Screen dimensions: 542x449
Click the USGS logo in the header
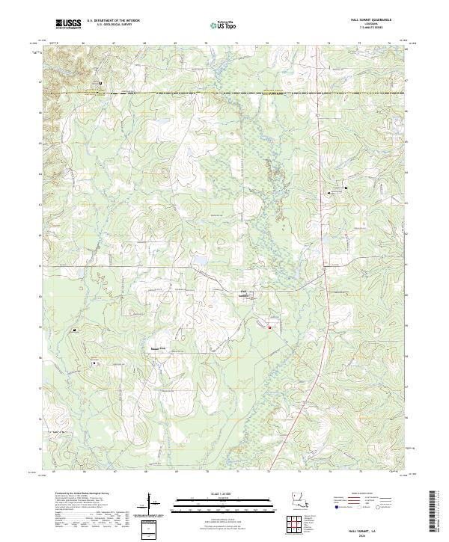[67, 24]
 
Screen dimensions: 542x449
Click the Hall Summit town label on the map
[243, 293]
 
